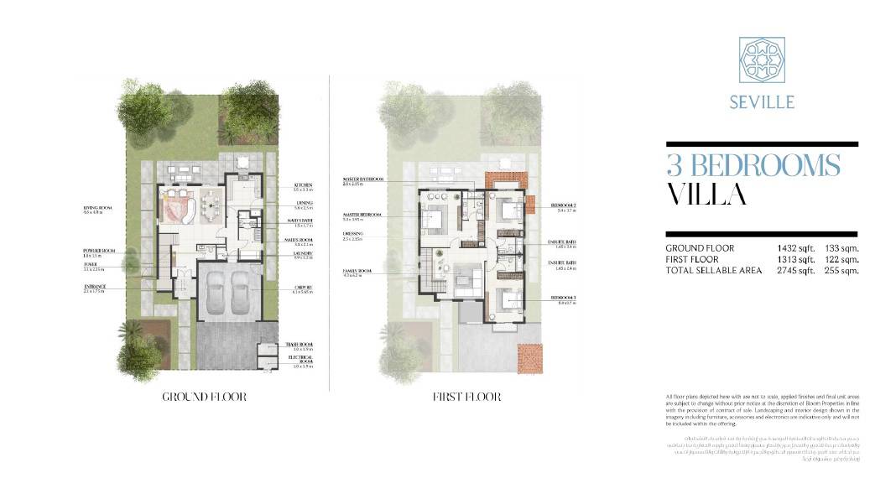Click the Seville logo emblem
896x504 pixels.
pyautogui.click(x=762, y=60)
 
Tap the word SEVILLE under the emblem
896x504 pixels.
pyautogui.click(x=762, y=102)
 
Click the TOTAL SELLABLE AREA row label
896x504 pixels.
pyautogui.click(x=714, y=270)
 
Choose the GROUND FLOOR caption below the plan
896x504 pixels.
pyautogui.click(x=205, y=397)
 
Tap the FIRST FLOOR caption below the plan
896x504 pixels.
pyautogui.click(x=466, y=397)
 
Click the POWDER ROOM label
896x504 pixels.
pyautogui.click(x=98, y=250)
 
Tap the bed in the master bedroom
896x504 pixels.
pyautogui.click(x=437, y=216)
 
